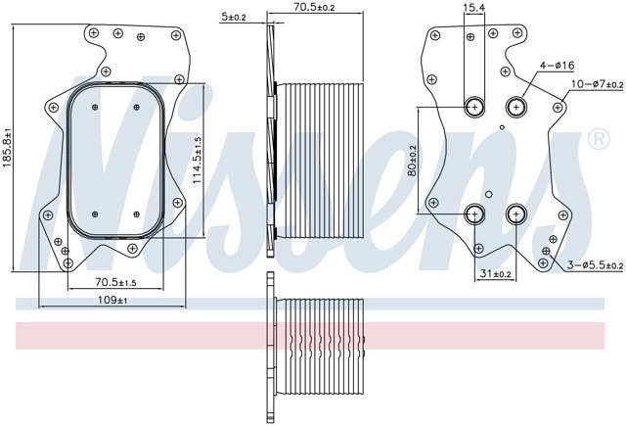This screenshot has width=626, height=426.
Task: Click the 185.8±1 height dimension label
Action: pyautogui.click(x=8, y=148)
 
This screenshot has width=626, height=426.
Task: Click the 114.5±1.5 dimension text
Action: pyautogui.click(x=198, y=161)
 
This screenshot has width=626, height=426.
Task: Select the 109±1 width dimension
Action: pyautogui.click(x=112, y=300)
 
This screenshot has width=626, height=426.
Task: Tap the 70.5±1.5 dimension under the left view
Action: pyautogui.click(x=115, y=282)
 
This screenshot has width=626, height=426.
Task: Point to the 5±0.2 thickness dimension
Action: pyautogui.click(x=234, y=17)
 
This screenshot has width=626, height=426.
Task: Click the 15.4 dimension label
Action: pyautogui.click(x=473, y=7)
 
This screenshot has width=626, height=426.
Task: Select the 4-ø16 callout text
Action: pyautogui.click(x=557, y=65)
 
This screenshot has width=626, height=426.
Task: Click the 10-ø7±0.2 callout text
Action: pyautogui.click(x=598, y=84)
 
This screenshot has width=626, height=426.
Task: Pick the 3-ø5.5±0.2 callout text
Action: pyautogui.click(x=596, y=264)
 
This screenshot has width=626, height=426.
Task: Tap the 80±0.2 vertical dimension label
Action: pyautogui.click(x=412, y=161)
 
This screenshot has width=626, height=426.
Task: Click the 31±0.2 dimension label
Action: pyautogui.click(x=496, y=273)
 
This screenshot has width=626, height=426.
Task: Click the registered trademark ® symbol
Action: pyautogui.click(x=599, y=139)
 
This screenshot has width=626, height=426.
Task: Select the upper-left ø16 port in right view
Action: pyautogui.click(x=474, y=107)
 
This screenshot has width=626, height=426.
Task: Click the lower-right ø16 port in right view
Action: pyautogui.click(x=516, y=214)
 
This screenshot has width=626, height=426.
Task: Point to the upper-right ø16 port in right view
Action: pyautogui.click(x=516, y=107)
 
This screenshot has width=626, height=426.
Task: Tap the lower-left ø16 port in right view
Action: pyautogui.click(x=474, y=214)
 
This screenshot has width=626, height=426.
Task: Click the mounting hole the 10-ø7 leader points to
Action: pyautogui.click(x=559, y=107)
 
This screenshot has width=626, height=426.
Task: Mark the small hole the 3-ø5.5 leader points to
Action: pyautogui.click(x=546, y=251)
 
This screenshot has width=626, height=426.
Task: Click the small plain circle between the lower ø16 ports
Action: pyautogui.click(x=489, y=195)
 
